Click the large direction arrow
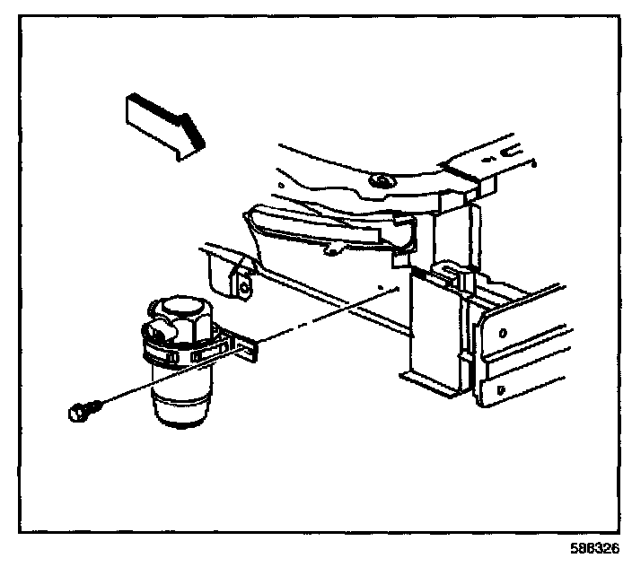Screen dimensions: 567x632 point(165,126)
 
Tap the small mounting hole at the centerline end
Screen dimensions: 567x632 point(383,289)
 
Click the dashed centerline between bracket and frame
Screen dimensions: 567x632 point(314,318)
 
